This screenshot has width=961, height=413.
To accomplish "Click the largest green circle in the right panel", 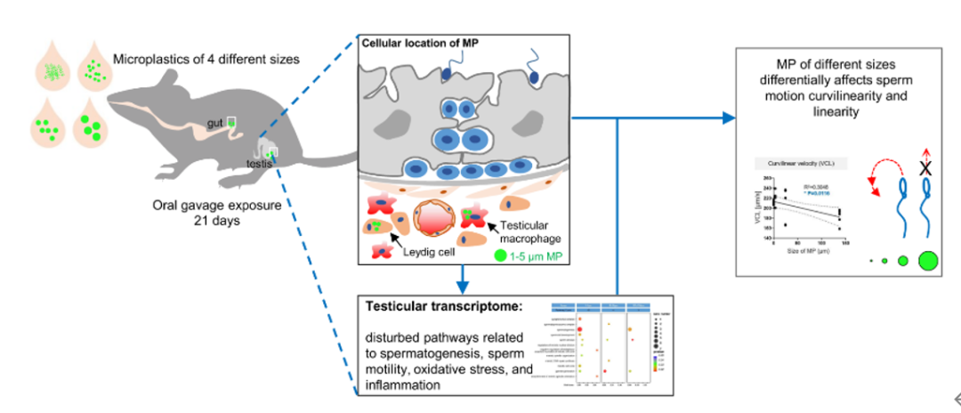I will (x=927, y=261).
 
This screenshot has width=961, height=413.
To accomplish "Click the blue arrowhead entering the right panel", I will (x=729, y=117).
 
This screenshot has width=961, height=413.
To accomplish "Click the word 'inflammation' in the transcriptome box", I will (x=401, y=385).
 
